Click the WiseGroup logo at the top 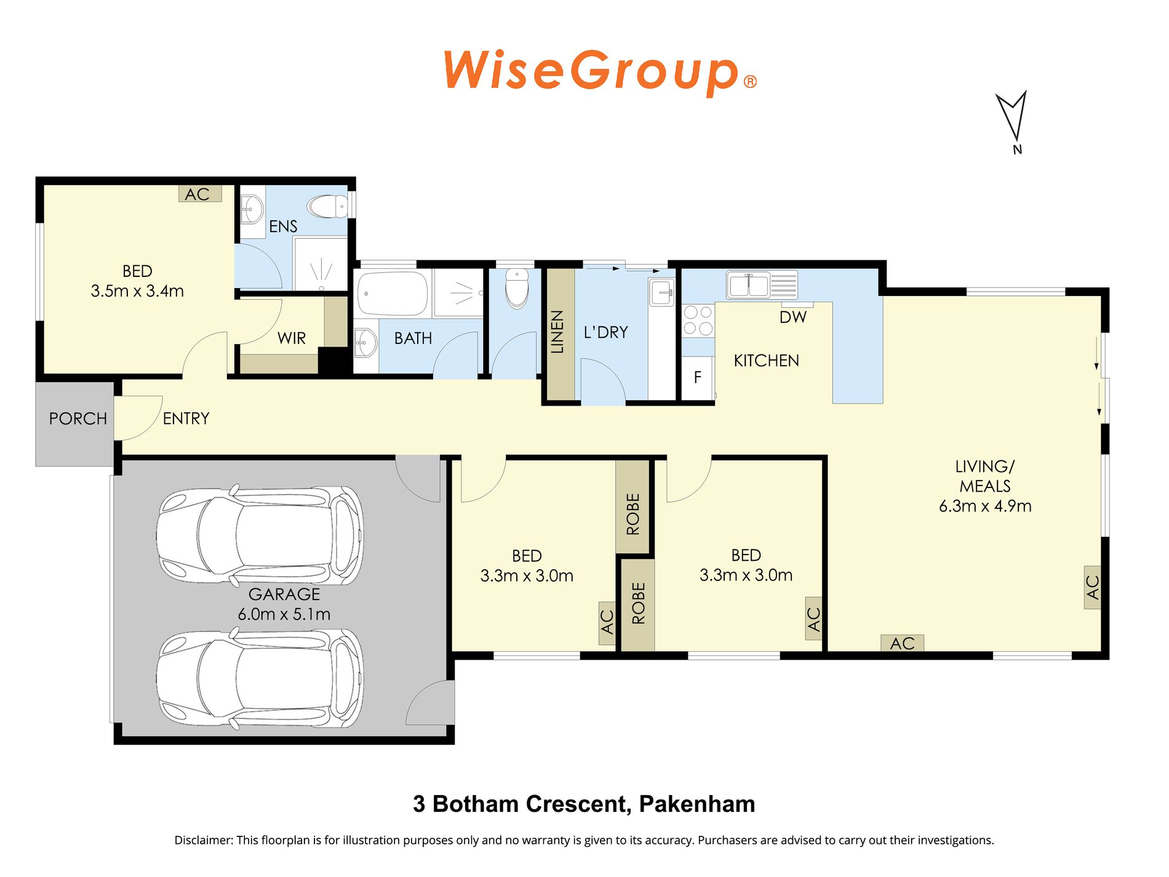pyautogui.click(x=600, y=72)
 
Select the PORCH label pyautogui.click(x=78, y=418)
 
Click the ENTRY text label pyautogui.click(x=186, y=418)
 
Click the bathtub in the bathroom pyautogui.click(x=393, y=294)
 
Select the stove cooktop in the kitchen pyautogui.click(x=698, y=321)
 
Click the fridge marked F pyautogui.click(x=698, y=377)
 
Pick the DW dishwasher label pyautogui.click(x=793, y=317)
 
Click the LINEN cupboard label pyautogui.click(x=557, y=332)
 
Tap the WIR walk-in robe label pyautogui.click(x=292, y=338)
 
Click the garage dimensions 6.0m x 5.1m pyautogui.click(x=284, y=614)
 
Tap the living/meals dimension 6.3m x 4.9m pyautogui.click(x=985, y=506)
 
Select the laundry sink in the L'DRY pyautogui.click(x=662, y=292)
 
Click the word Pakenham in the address pyautogui.click(x=697, y=804)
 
